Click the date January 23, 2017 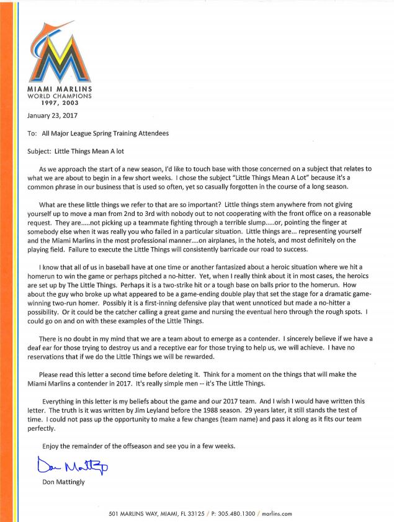tap(52, 115)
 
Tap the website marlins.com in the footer tap(277, 514)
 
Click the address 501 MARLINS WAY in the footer tap(132, 514)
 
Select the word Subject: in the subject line tap(42, 151)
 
